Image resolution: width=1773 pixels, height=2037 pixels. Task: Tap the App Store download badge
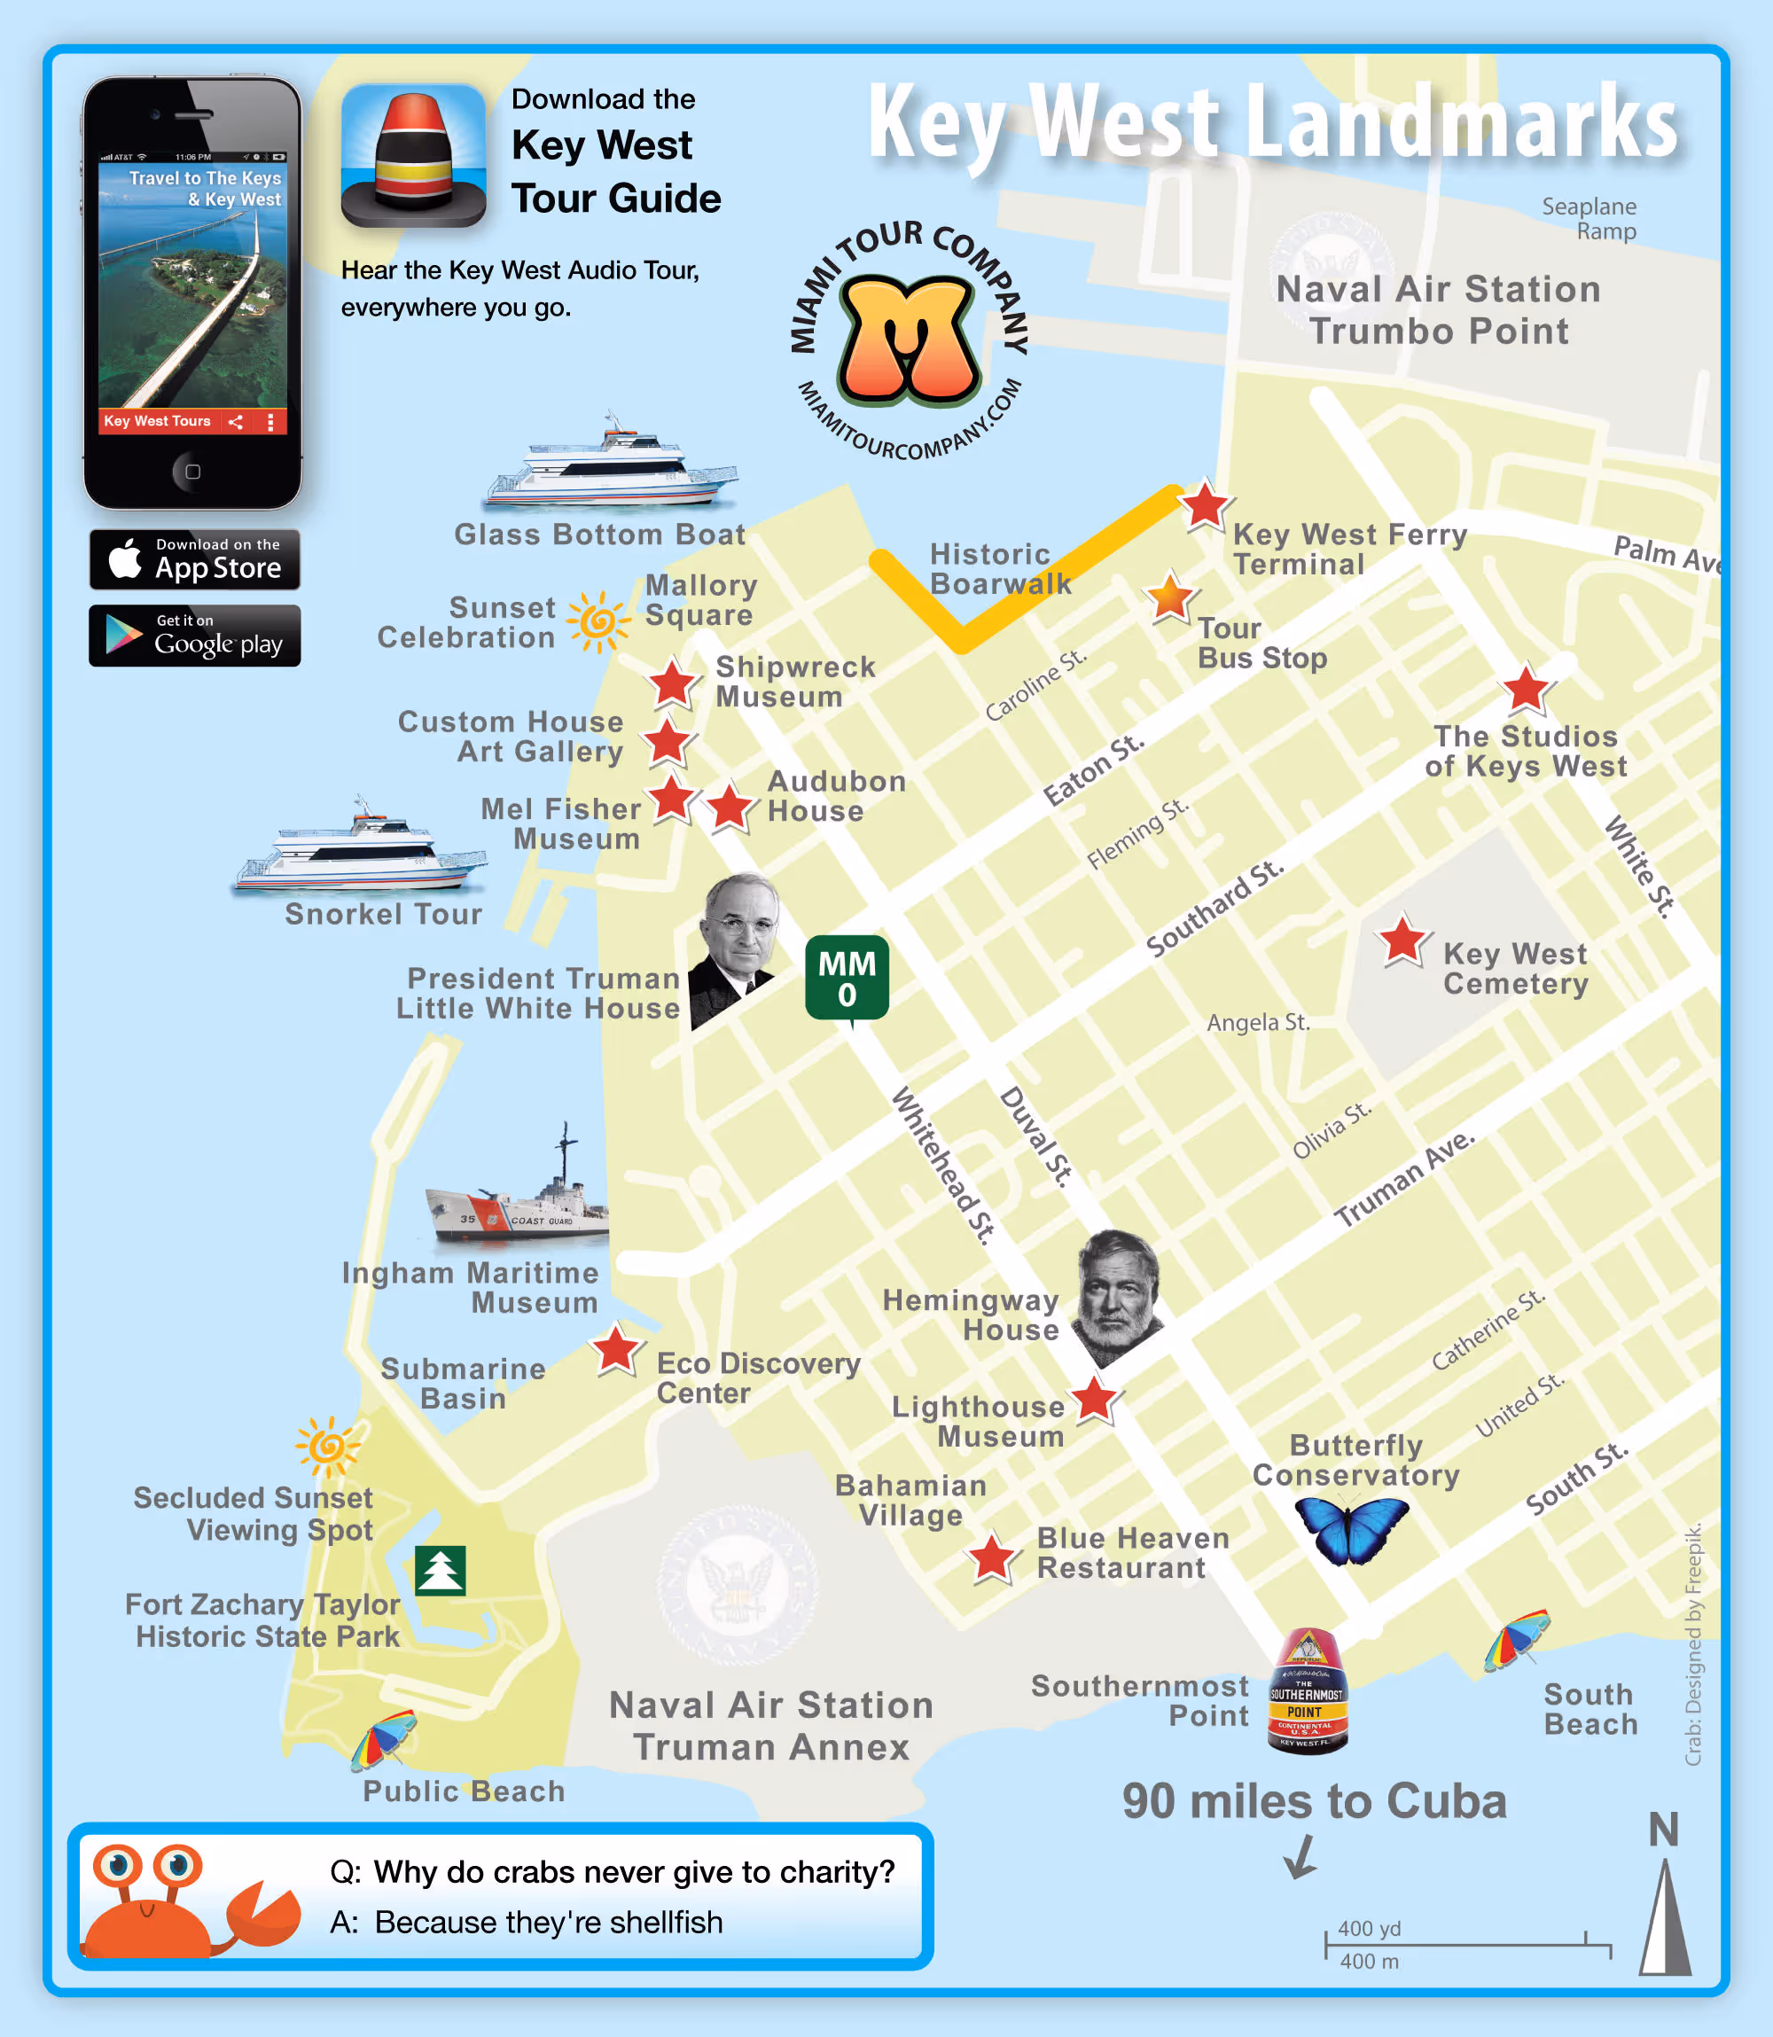[x=195, y=560]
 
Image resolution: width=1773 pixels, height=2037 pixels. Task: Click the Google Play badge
[x=195, y=636]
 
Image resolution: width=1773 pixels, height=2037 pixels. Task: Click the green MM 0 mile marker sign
[x=847, y=979]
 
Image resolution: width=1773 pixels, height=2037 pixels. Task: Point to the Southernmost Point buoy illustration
[x=1307, y=1690]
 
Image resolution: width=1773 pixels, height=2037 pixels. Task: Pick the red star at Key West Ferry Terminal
[x=1205, y=505]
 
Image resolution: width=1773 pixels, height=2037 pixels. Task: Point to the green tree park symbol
[x=441, y=1570]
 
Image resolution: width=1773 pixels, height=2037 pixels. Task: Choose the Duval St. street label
[x=1036, y=1135]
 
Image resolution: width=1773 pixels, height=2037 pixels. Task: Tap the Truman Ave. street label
[x=1404, y=1178]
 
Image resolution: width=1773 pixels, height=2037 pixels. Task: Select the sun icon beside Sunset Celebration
[x=598, y=622]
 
